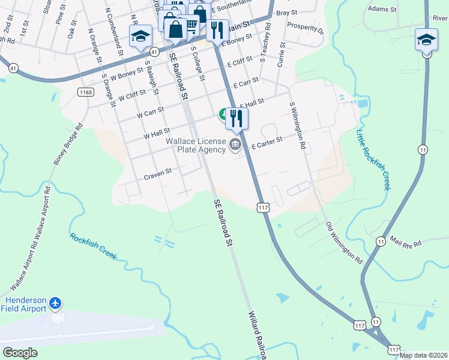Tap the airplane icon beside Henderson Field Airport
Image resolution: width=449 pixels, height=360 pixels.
point(56,303)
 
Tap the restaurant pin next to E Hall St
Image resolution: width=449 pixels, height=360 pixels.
point(237,118)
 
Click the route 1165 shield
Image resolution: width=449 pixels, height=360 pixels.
point(86,92)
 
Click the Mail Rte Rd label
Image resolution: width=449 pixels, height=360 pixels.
point(406,242)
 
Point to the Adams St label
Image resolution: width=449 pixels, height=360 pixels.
point(382,10)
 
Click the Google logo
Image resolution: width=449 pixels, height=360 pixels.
point(20,353)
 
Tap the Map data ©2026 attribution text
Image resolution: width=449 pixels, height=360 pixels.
point(423,355)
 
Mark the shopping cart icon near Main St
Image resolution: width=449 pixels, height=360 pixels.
point(190,25)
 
